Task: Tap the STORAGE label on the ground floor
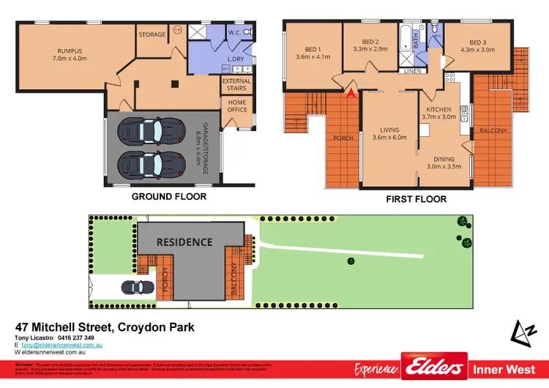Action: tap(152, 34)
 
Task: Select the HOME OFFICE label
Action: tap(237, 105)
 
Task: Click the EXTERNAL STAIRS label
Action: tap(236, 86)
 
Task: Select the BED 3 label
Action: tap(478, 42)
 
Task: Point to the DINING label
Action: tap(444, 160)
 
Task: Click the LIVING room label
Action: tap(389, 130)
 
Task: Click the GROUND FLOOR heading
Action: tap(168, 197)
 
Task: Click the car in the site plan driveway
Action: tap(134, 288)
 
